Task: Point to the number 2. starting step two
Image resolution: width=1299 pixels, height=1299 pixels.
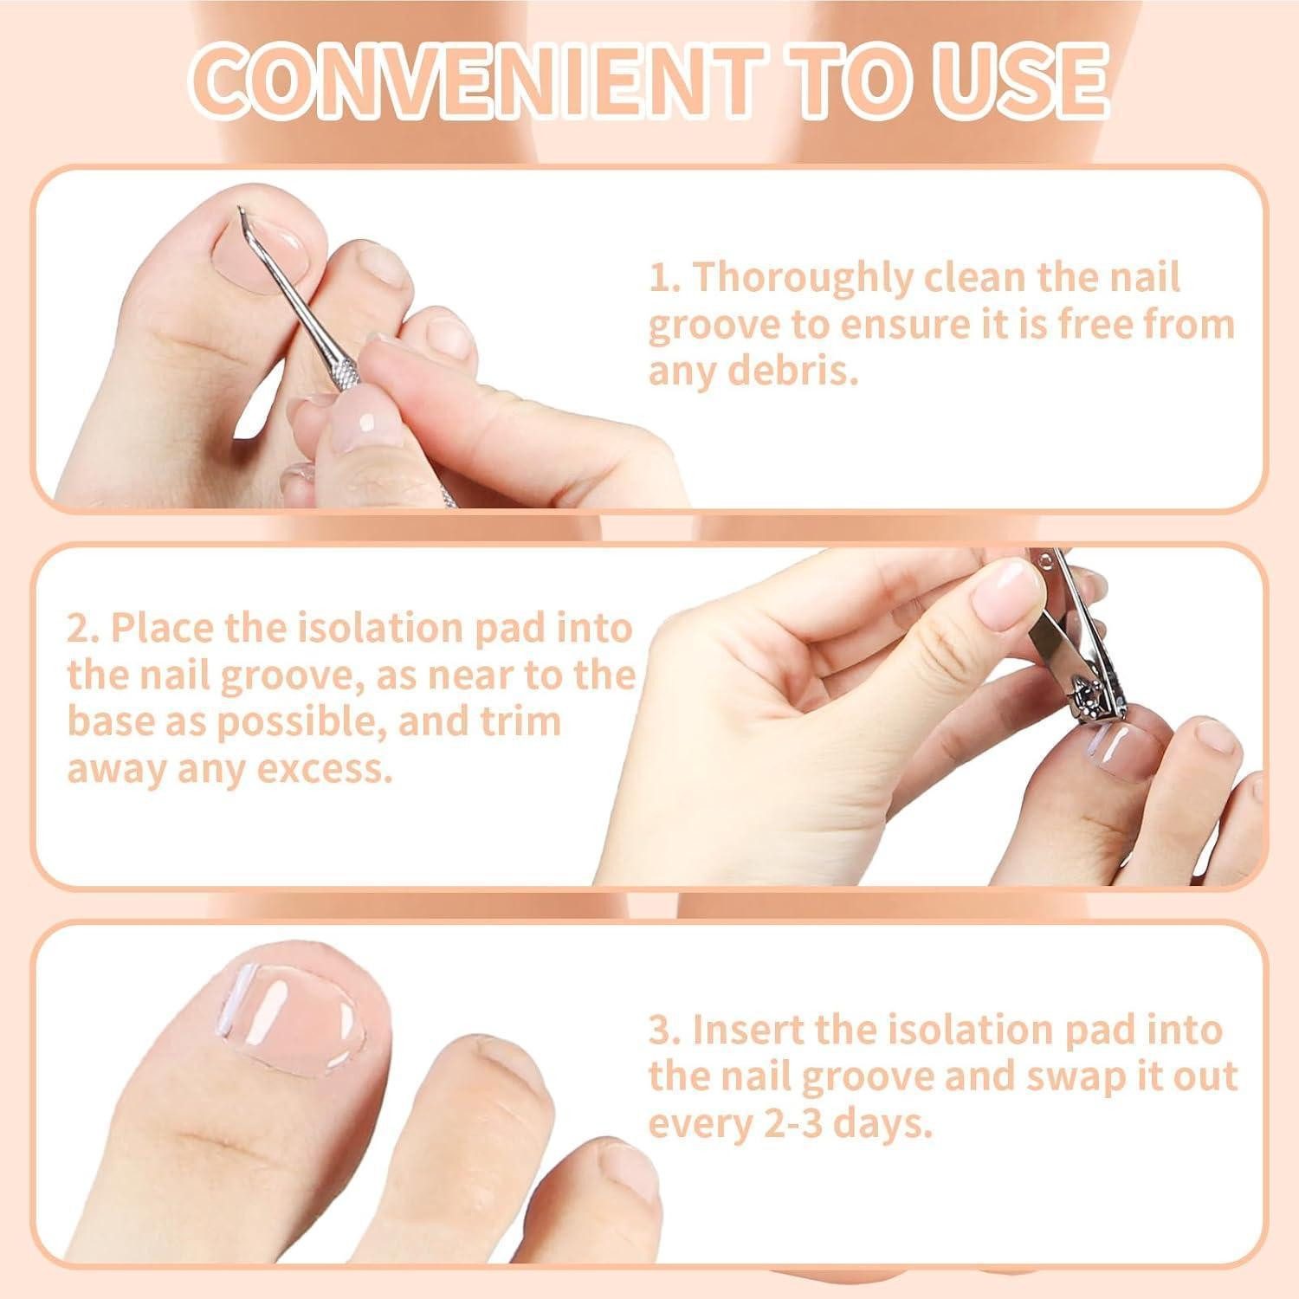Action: [x=83, y=630]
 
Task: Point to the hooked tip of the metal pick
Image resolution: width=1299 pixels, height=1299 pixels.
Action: [x=241, y=210]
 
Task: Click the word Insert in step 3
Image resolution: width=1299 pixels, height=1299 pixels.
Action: [x=748, y=1031]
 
